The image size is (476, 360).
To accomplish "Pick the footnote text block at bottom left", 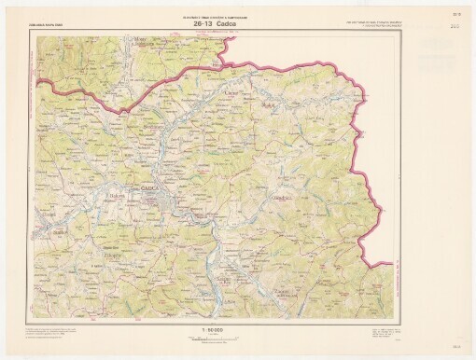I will [x=56, y=332].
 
